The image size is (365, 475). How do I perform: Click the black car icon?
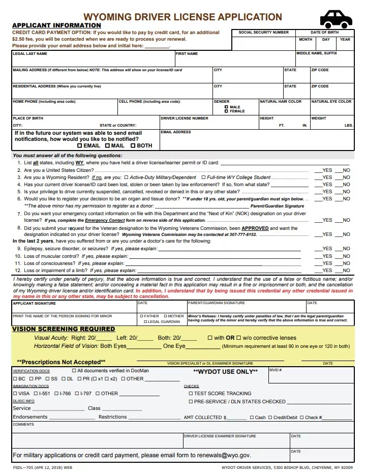(x=336, y=19)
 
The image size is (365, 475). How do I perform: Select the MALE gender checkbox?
(x=227, y=107)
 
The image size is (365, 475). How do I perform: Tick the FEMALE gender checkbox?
(x=227, y=111)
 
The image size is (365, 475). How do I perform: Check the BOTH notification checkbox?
(x=133, y=145)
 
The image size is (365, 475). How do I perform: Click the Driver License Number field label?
(x=184, y=118)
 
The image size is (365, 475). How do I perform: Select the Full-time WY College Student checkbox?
(x=203, y=177)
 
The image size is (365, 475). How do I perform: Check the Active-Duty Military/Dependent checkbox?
(x=127, y=177)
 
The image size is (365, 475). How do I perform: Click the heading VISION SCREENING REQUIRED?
(x=64, y=329)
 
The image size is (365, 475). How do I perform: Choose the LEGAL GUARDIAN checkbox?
(x=145, y=321)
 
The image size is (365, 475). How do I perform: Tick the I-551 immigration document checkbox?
(x=36, y=393)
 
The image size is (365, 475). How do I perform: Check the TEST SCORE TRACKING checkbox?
(x=191, y=393)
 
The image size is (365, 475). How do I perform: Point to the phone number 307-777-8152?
(x=244, y=234)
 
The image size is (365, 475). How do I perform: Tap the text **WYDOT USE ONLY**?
(x=225, y=372)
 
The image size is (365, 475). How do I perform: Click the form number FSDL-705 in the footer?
(x=23, y=467)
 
